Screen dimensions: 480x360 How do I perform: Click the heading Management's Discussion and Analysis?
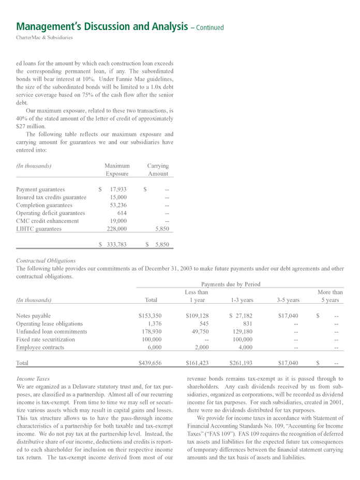coord(101,26)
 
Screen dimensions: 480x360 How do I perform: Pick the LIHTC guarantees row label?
coord(39,229)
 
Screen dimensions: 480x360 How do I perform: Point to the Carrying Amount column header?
coord(158,170)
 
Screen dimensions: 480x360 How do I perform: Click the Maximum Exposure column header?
coord(117,170)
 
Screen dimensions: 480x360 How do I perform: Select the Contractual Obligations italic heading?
coord(46,261)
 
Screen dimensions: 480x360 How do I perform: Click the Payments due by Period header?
coord(231,284)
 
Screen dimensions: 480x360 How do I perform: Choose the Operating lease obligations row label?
coord(49,323)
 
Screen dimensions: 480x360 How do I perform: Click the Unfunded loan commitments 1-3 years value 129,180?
coord(239,332)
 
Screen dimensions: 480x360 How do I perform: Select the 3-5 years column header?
coord(288,300)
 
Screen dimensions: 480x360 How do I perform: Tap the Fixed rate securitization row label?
coord(46,339)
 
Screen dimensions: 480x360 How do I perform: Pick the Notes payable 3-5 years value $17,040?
coord(288,316)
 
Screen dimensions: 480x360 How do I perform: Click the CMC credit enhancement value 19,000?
coord(118,221)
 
